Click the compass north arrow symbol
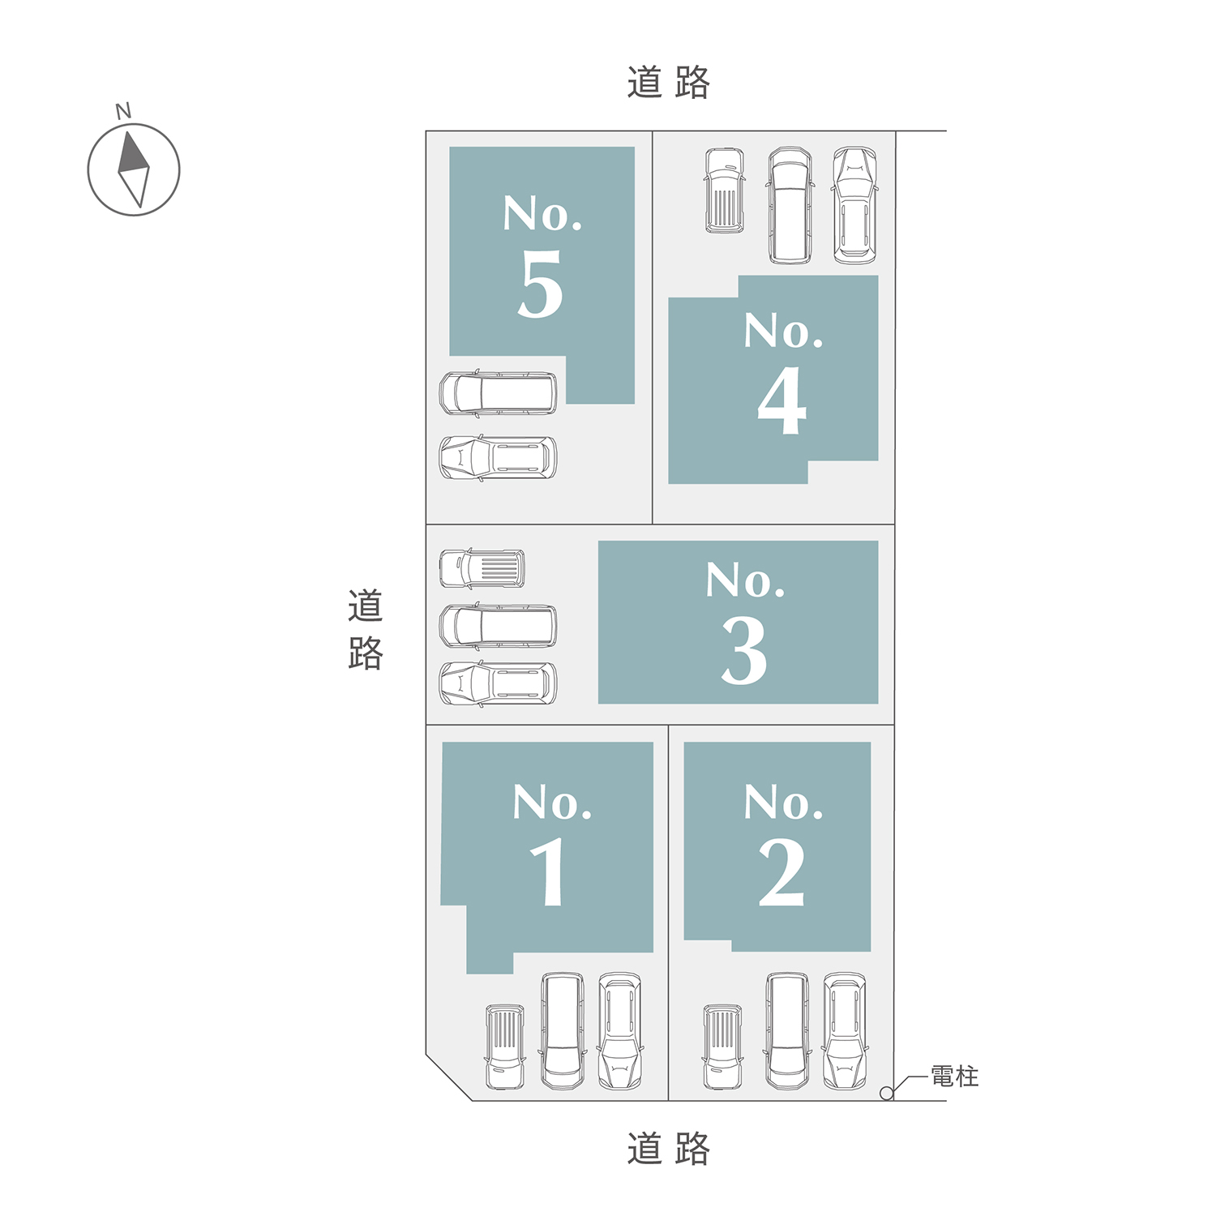(x=134, y=169)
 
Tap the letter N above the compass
(x=123, y=111)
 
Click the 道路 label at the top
(x=669, y=83)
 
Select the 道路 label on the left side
(x=366, y=630)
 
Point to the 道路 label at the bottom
(x=669, y=1149)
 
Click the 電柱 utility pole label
(x=955, y=1077)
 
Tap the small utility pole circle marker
(x=887, y=1094)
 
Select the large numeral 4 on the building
(x=782, y=400)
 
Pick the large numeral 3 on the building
(x=744, y=650)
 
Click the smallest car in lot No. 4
(x=725, y=191)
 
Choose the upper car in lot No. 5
(x=499, y=394)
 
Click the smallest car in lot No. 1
(x=505, y=1047)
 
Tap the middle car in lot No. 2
(x=787, y=1031)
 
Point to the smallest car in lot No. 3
(x=482, y=568)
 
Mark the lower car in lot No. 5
(x=499, y=458)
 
